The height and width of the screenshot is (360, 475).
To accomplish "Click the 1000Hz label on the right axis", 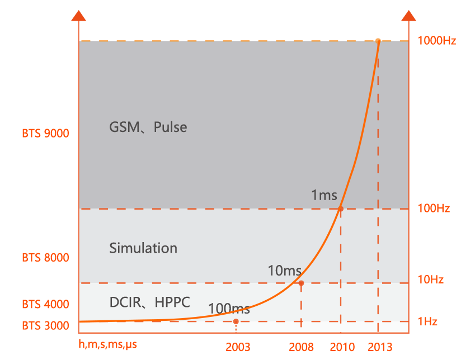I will [x=437, y=41].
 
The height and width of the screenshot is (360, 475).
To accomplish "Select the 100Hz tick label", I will [x=434, y=209].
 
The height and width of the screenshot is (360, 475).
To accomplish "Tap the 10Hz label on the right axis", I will [x=431, y=280].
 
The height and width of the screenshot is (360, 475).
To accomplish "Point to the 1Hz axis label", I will [x=428, y=321].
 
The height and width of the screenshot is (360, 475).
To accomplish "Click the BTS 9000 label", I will [x=46, y=134].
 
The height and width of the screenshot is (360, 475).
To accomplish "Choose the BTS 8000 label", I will [x=46, y=258].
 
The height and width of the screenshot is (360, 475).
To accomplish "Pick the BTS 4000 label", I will [x=46, y=305].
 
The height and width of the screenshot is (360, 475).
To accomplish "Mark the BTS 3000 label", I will [x=46, y=325].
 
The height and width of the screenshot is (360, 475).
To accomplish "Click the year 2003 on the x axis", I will [x=238, y=347].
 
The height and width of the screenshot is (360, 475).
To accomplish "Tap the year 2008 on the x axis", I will [x=302, y=347].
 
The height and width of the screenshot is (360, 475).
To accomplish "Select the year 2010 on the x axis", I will [x=342, y=347].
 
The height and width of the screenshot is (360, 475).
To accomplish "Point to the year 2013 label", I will [x=380, y=347].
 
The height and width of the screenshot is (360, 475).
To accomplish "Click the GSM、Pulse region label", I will [x=148, y=127].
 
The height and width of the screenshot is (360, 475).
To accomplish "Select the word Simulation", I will [x=143, y=248].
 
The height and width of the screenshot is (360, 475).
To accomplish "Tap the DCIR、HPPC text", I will [x=149, y=302].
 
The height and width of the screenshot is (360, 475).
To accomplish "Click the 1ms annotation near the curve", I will [x=324, y=195].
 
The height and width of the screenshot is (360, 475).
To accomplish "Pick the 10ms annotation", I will [x=285, y=271].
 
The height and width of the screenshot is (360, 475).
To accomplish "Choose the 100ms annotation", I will [x=229, y=308].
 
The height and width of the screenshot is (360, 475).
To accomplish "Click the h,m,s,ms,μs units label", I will [x=107, y=344].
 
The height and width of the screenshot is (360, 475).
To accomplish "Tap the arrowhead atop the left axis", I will [x=79, y=15].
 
